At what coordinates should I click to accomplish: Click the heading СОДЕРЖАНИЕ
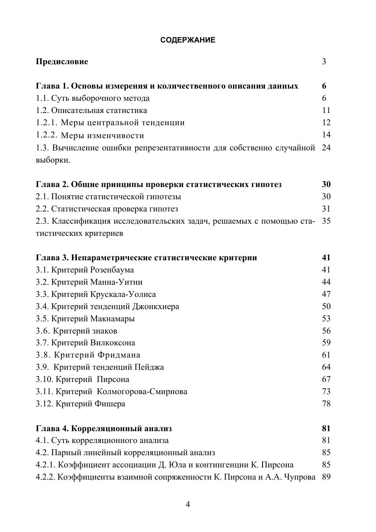[x=188, y=40]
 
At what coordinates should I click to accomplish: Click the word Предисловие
[x=62, y=61]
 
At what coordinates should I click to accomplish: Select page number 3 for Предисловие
[x=324, y=61]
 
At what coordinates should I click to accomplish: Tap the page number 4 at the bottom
[x=188, y=504]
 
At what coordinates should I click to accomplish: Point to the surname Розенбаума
[x=112, y=270]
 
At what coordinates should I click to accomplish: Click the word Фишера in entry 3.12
[x=110, y=404]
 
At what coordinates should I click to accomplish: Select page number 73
[x=326, y=391]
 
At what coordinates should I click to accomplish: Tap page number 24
[x=326, y=148]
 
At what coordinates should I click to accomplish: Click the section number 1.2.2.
[x=46, y=135]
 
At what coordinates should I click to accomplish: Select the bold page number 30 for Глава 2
[x=326, y=184]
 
